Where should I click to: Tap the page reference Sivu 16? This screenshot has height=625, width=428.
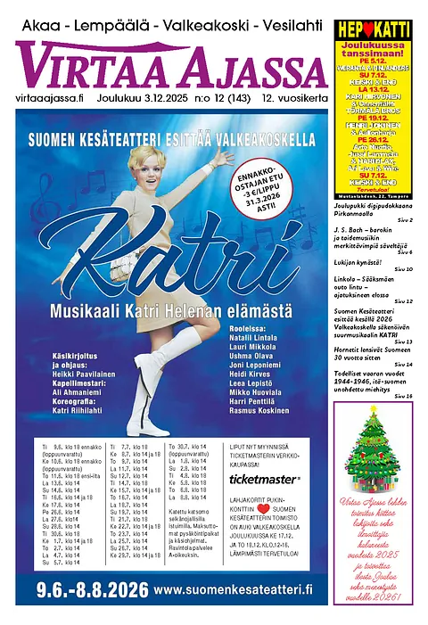(404, 395)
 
